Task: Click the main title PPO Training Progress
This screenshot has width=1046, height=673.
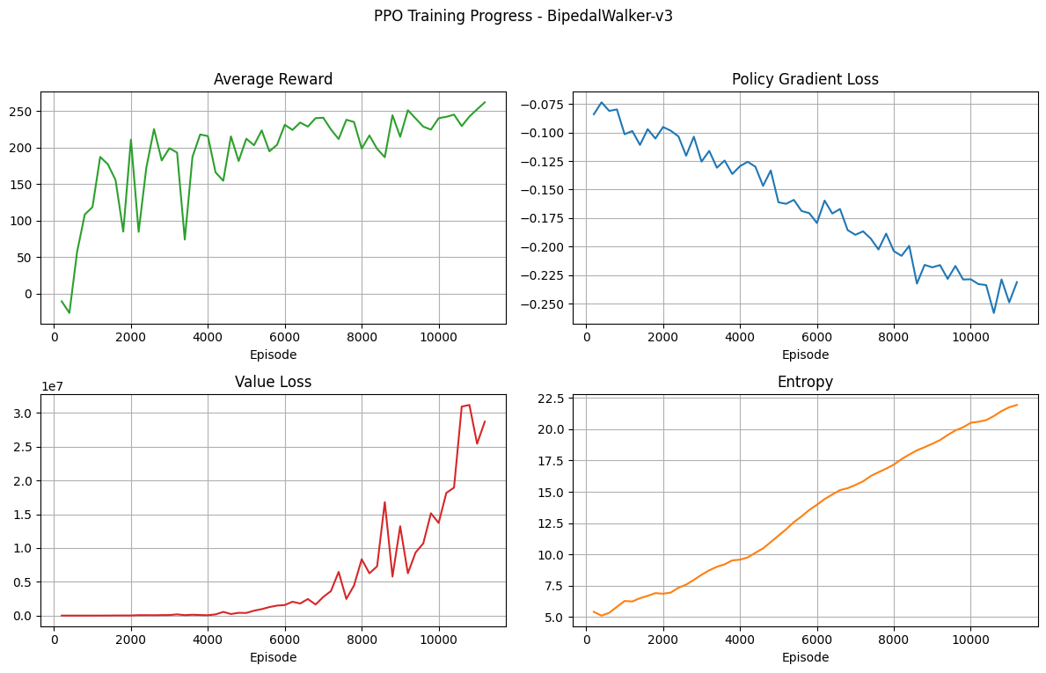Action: (x=523, y=16)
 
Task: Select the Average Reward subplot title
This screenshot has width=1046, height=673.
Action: (x=273, y=79)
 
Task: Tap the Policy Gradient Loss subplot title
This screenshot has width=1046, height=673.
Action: (x=805, y=79)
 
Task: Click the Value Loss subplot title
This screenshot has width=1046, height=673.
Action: (x=273, y=382)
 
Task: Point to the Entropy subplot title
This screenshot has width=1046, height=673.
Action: (x=805, y=382)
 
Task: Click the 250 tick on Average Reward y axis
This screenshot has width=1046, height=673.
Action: (x=22, y=112)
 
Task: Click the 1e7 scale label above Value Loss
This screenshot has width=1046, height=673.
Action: (x=53, y=386)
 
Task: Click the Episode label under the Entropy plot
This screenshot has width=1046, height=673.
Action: (x=805, y=657)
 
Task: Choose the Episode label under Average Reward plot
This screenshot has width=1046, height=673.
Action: (x=273, y=355)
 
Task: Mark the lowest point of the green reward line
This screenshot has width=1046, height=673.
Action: (x=69, y=313)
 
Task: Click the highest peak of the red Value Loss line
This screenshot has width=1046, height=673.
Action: (x=469, y=405)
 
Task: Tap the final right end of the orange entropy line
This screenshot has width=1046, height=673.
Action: (x=1017, y=405)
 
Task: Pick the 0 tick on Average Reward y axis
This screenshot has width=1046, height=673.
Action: (x=29, y=294)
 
